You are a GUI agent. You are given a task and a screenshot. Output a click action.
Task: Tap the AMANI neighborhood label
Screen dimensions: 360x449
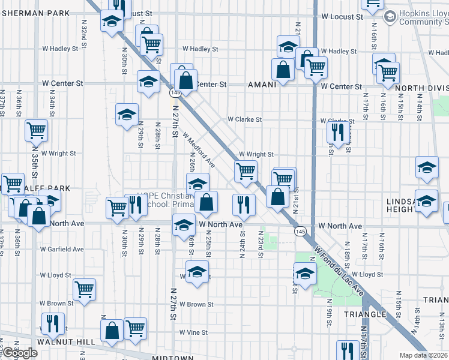(x=262, y=85)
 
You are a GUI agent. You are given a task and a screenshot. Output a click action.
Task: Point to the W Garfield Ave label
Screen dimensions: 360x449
(x=62, y=248)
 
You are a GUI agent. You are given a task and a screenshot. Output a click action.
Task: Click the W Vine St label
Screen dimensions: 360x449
(x=193, y=332)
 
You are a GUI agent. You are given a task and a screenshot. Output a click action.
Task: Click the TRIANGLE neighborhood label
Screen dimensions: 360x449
(x=364, y=314)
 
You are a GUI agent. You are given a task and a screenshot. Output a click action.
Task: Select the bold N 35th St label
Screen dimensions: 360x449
(x=35, y=161)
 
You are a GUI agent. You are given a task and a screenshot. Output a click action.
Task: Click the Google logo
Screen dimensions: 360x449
(x=19, y=353)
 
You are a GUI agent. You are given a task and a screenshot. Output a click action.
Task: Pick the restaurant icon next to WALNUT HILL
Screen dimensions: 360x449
(x=52, y=323)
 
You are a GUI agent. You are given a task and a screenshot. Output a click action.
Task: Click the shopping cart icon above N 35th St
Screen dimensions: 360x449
(x=36, y=130)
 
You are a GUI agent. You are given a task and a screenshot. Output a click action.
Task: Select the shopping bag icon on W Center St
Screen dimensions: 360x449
(x=186, y=79)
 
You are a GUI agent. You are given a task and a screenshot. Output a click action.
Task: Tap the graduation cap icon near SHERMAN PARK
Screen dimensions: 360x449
(x=110, y=21)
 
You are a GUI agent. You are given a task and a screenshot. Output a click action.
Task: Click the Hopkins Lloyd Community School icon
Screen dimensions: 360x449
(x=389, y=17)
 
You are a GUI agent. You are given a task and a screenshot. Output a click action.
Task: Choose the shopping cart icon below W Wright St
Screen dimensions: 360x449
(x=245, y=170)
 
